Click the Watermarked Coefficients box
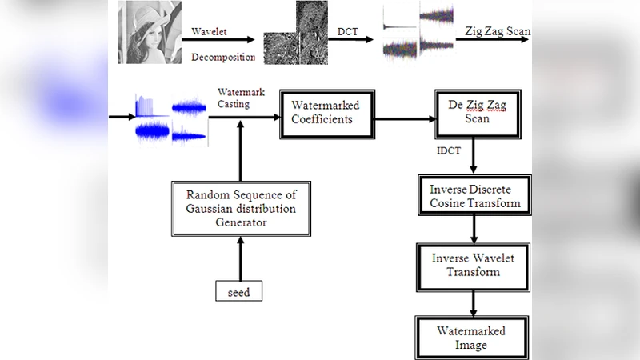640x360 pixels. [325, 114]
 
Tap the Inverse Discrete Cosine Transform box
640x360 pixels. [475, 196]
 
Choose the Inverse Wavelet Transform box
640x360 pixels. [475, 265]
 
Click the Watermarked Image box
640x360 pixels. [471, 338]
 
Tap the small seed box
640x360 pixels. [238, 292]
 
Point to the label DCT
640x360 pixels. [347, 31]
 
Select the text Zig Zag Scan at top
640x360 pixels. [497, 32]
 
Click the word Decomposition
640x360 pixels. [224, 57]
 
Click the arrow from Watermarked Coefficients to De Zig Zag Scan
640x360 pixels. [404, 120]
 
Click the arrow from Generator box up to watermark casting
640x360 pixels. [238, 152]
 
